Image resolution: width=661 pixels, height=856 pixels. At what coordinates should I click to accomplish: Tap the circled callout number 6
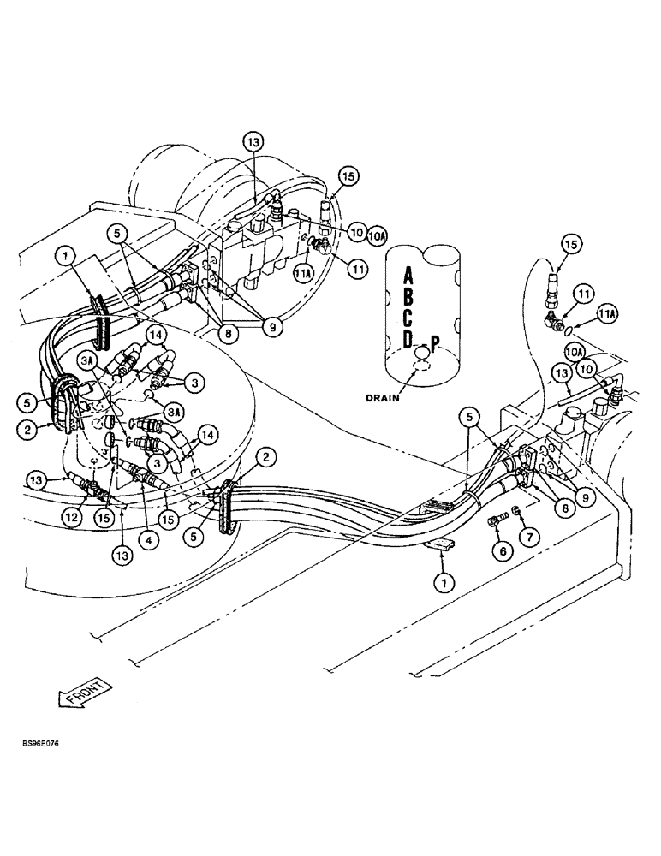(503, 550)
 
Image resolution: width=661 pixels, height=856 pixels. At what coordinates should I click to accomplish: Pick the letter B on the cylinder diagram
(408, 299)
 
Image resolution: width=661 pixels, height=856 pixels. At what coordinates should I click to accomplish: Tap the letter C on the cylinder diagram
(408, 320)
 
